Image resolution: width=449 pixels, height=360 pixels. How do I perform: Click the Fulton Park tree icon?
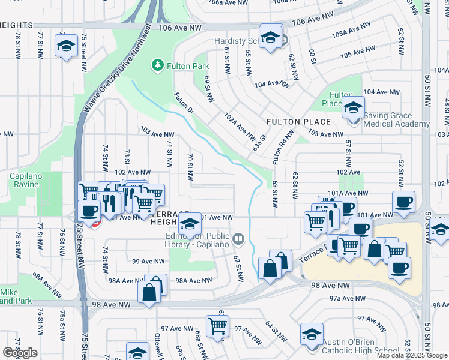(x=158, y=64)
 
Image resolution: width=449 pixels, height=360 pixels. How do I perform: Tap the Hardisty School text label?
(x=240, y=41)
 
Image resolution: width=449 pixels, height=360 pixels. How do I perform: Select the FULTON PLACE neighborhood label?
(x=291, y=122)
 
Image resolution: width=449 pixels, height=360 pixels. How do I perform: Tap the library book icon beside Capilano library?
(x=238, y=240)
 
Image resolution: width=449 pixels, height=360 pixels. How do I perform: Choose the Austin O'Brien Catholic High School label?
(x=360, y=346)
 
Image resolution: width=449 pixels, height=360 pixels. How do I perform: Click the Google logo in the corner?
(x=20, y=353)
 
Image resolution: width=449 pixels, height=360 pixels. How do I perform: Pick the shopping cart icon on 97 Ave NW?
(x=217, y=326)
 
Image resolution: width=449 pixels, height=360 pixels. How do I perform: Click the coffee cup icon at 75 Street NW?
(x=89, y=211)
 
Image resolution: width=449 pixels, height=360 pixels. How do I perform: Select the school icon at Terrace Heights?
(x=190, y=225)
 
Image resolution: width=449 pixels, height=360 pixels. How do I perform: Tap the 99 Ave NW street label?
(x=148, y=261)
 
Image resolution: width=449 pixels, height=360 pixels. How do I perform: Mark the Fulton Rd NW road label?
(x=281, y=151)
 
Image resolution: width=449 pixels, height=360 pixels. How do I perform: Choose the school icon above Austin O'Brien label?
(x=312, y=334)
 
